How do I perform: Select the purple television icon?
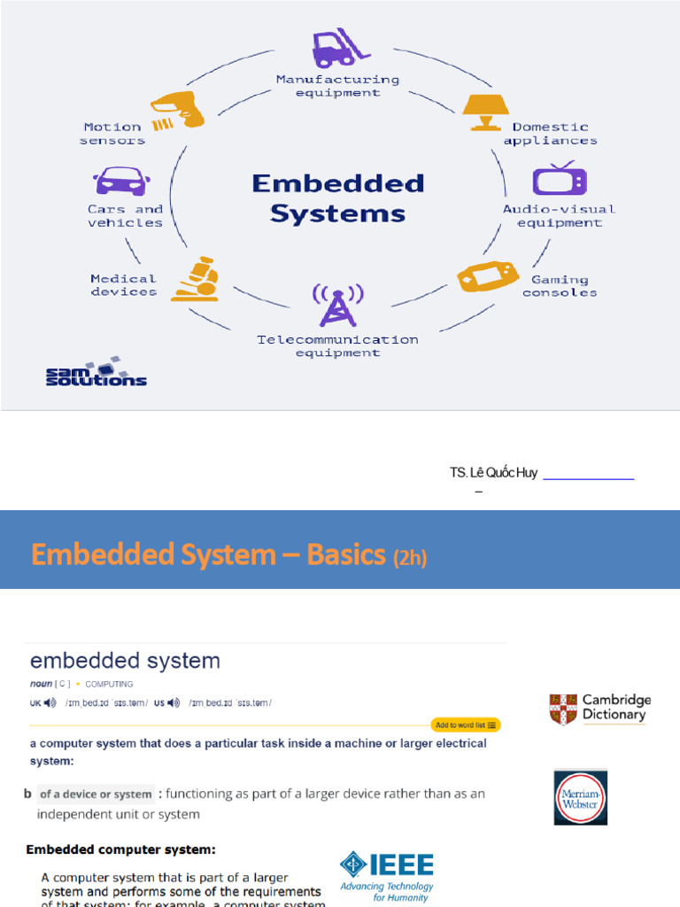[x=559, y=180]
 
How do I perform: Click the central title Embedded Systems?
[x=337, y=198]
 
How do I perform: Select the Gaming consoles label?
[x=559, y=286]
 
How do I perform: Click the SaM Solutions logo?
[x=96, y=372]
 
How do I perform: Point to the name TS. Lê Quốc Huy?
[x=493, y=473]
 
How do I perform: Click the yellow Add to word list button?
[x=466, y=725]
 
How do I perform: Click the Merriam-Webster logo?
[x=580, y=797]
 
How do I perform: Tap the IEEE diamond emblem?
[x=353, y=866]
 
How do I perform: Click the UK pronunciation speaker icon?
[x=50, y=702]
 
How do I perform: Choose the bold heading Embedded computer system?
[x=120, y=849]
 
